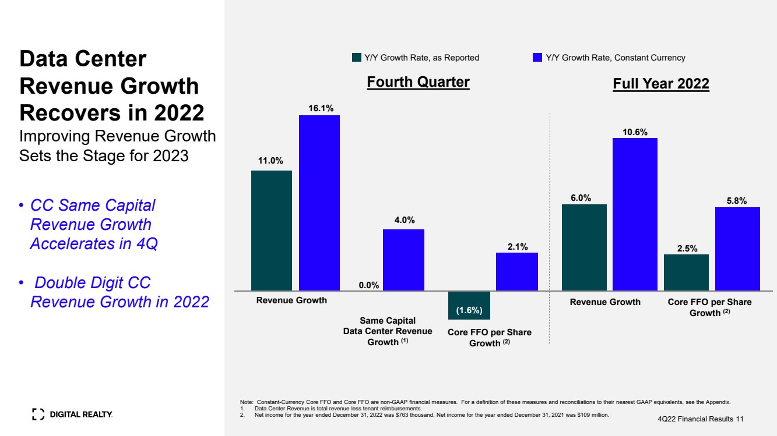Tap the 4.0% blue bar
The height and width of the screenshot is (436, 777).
pyautogui.click(x=403, y=260)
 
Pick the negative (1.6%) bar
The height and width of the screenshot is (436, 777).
pyautogui.click(x=469, y=305)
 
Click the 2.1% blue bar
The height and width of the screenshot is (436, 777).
pyautogui.click(x=517, y=271)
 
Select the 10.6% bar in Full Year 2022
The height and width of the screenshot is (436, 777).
pyautogui.click(x=635, y=214)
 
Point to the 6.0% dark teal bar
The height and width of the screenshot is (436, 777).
pyautogui.click(x=584, y=247)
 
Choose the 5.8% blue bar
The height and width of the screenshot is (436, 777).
pyautogui.click(x=737, y=249)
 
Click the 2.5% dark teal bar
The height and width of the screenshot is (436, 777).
pyautogui.click(x=686, y=272)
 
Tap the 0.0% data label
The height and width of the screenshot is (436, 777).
pyautogui.click(x=369, y=285)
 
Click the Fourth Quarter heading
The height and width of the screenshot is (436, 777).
pyautogui.click(x=418, y=82)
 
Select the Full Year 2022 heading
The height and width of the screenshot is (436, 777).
pyautogui.click(x=661, y=84)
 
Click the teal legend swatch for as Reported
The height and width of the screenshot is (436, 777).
pyautogui.click(x=357, y=58)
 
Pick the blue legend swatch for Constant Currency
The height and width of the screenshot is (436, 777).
pyautogui.click(x=537, y=58)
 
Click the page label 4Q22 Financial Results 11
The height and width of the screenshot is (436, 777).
pyautogui.click(x=700, y=419)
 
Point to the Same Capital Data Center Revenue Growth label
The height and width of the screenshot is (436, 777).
pyautogui.click(x=388, y=331)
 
